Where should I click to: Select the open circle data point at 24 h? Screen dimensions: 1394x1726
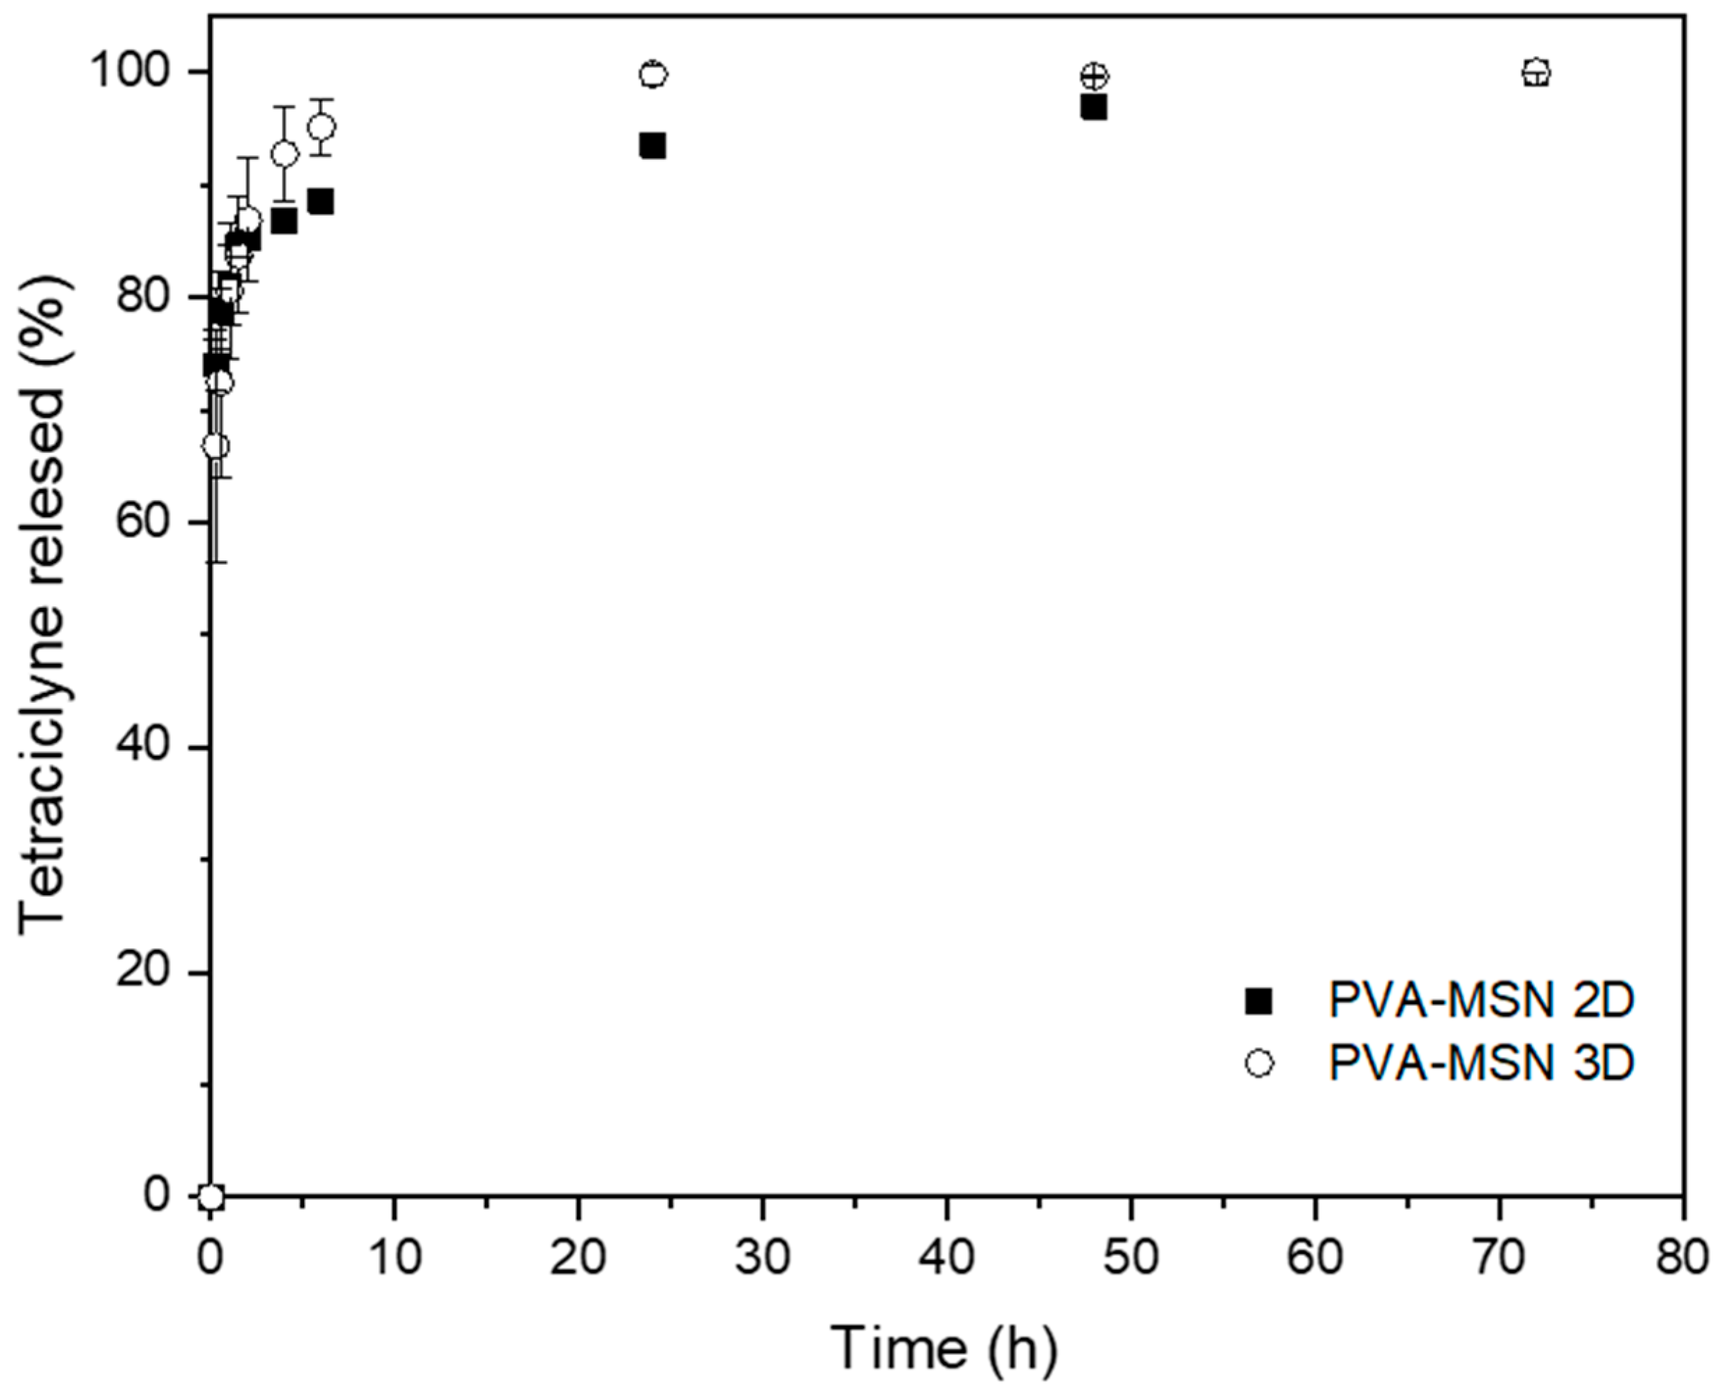click(x=653, y=75)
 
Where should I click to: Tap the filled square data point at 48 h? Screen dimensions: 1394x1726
click(x=1094, y=107)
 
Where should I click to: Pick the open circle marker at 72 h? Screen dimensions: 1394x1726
click(x=1535, y=73)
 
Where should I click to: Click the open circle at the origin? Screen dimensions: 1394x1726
click(x=211, y=1197)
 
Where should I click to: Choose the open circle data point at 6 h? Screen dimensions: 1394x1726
click(x=322, y=127)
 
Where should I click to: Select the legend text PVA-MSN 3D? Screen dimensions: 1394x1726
click(x=1481, y=1063)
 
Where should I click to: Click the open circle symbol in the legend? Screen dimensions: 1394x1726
click(x=1258, y=1064)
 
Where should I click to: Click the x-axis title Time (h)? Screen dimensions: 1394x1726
click(x=944, y=1347)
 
